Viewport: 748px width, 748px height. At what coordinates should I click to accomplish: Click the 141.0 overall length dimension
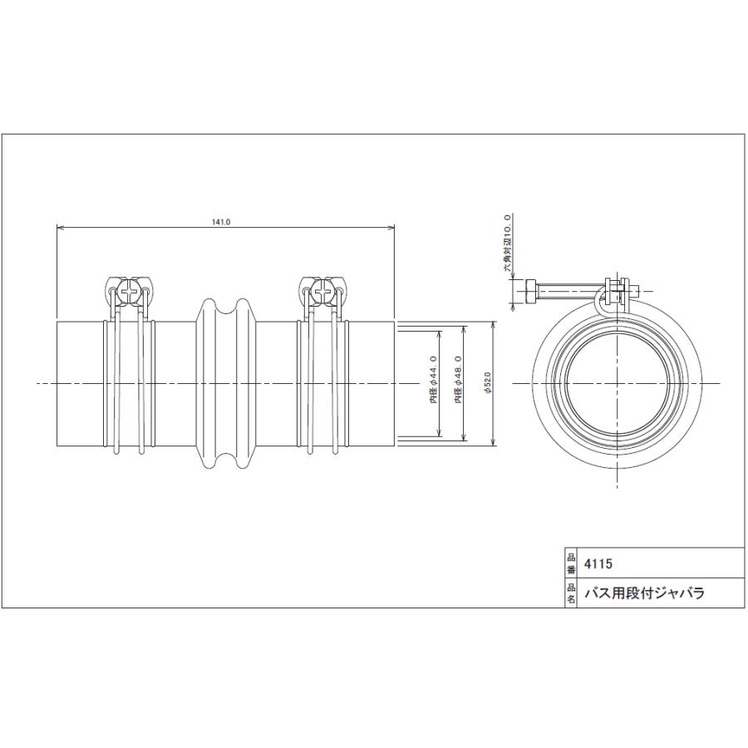point(221,222)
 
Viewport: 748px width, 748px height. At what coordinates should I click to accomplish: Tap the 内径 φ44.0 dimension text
point(434,379)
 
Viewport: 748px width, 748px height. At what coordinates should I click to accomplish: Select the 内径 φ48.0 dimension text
point(459,379)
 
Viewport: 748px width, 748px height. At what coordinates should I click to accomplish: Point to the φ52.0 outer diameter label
point(487,383)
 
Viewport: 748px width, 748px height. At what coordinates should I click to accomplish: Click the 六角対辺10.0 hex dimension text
point(508,244)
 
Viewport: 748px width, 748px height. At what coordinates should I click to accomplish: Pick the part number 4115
point(598,563)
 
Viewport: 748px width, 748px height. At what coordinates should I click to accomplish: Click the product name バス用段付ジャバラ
point(644,593)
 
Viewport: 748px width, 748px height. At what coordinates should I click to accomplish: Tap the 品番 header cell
point(570,563)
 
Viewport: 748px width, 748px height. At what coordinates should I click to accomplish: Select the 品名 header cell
point(570,593)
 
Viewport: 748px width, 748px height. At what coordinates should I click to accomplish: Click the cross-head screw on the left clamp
point(129,291)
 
